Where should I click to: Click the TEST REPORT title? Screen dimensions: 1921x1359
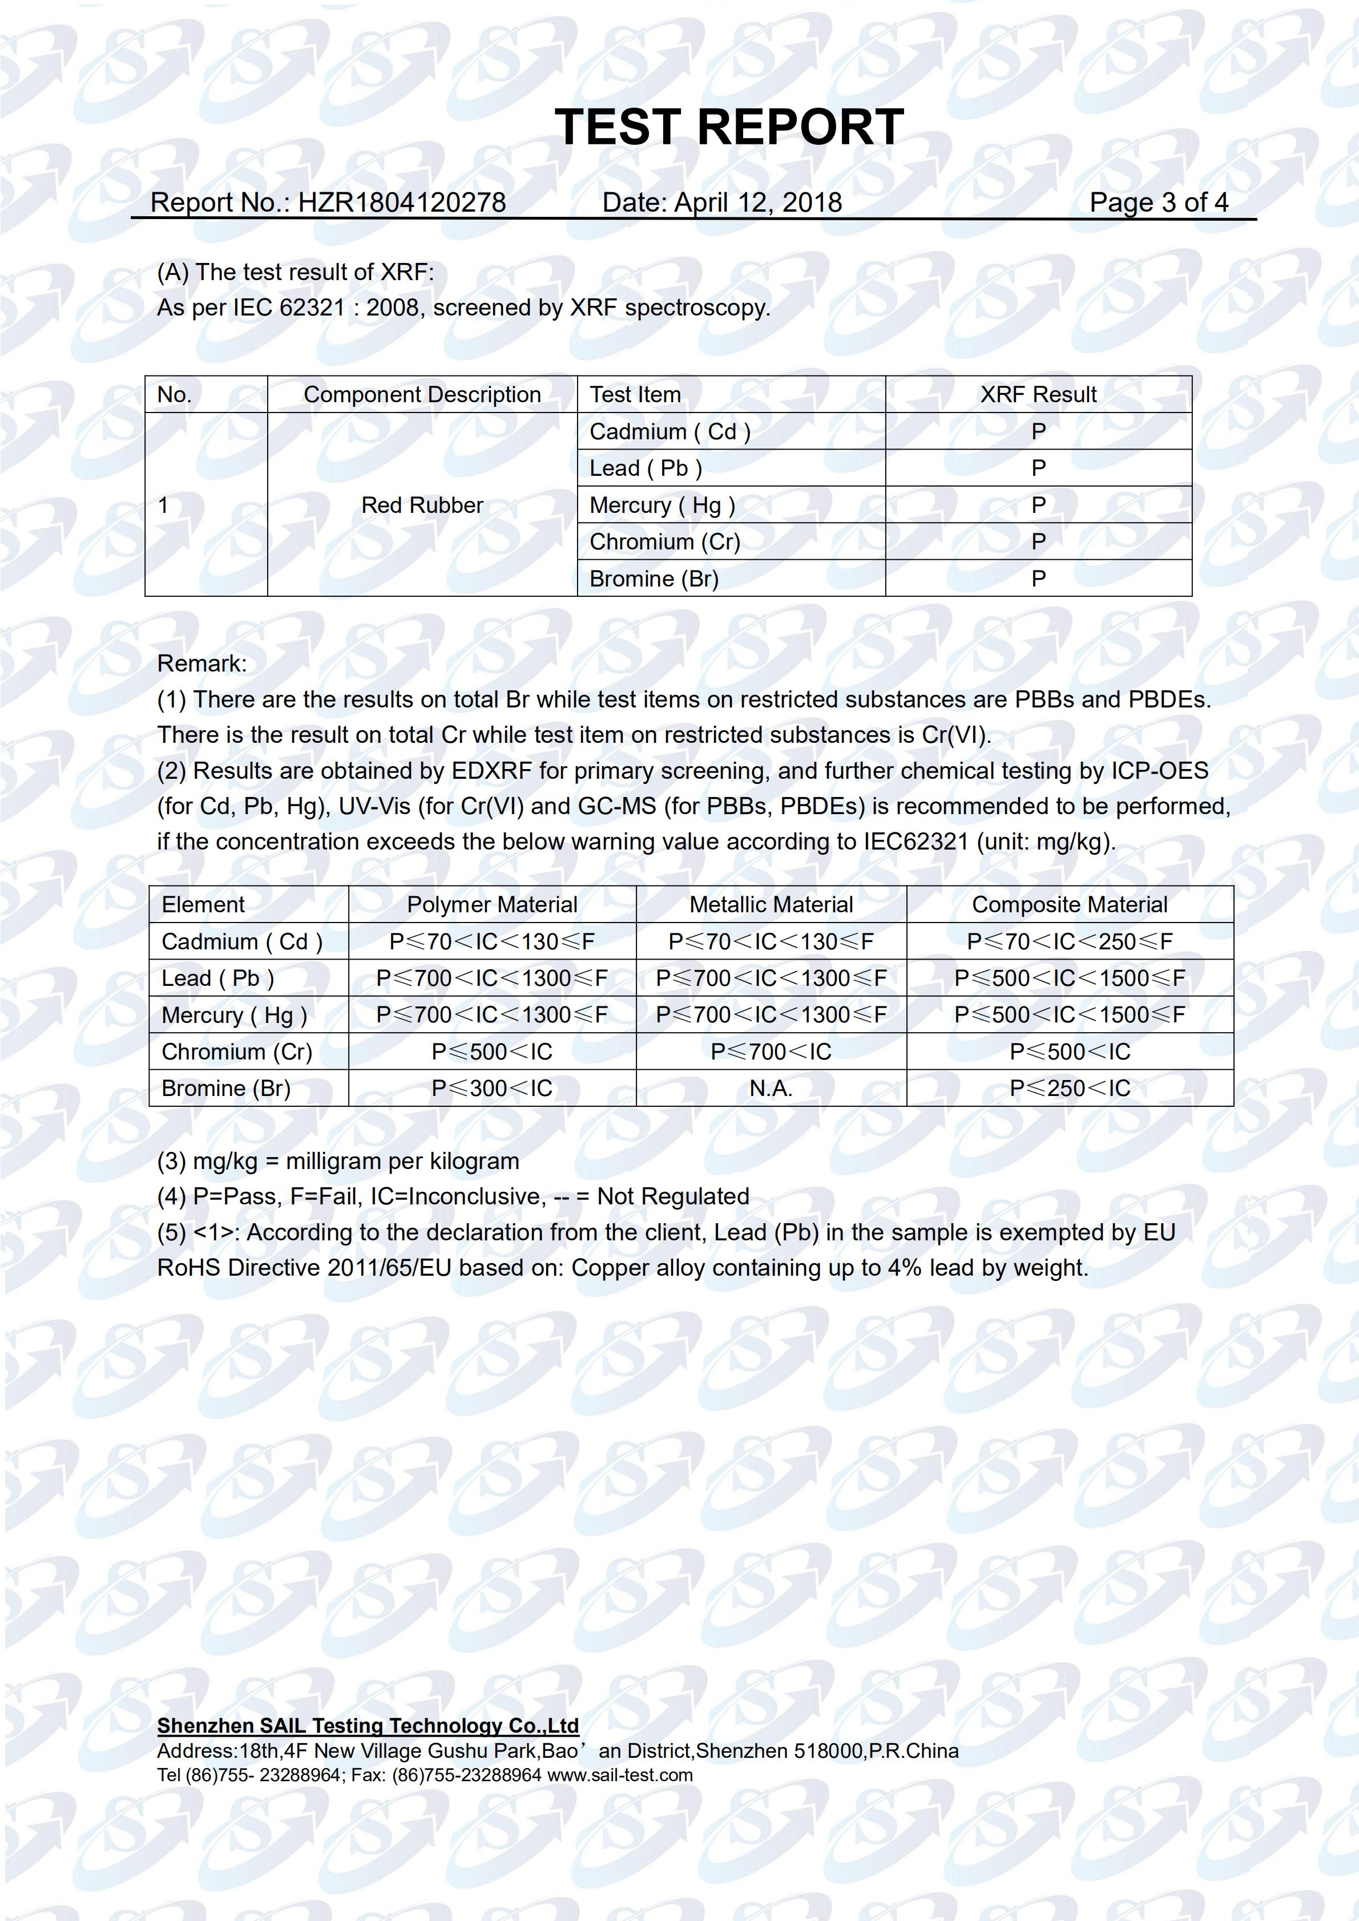728,128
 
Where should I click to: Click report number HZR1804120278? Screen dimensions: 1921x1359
402,203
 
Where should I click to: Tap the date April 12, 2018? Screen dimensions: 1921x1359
757,203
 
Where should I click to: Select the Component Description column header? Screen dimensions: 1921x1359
422,395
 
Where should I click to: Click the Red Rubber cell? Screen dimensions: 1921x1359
422,505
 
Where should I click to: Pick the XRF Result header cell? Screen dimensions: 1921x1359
1038,395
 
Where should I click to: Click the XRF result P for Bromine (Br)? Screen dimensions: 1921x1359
1038,578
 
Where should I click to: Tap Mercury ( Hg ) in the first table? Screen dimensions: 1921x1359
662,505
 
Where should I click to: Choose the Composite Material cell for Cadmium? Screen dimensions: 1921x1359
1070,941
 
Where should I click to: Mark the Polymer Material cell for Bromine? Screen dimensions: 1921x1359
492,1089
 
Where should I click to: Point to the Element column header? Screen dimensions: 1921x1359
203,904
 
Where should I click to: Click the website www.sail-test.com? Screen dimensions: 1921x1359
619,1774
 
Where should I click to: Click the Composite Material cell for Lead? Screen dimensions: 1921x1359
1070,978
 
